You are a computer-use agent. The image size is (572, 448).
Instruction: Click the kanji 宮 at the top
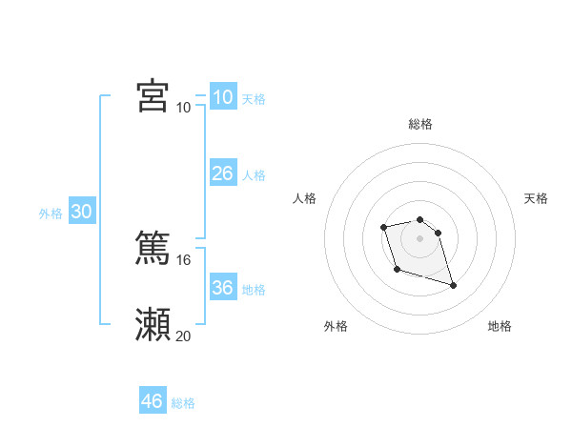tap(153, 96)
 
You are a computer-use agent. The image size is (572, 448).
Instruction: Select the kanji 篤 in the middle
tap(153, 247)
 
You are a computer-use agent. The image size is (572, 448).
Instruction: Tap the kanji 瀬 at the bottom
tap(153, 324)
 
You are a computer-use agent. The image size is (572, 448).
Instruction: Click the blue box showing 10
tap(222, 97)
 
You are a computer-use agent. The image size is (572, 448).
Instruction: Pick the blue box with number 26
tap(222, 173)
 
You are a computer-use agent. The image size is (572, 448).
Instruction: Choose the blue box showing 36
tap(222, 288)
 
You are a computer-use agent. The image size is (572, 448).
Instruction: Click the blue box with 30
tap(81, 213)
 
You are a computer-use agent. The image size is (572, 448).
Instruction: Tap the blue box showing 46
tap(153, 401)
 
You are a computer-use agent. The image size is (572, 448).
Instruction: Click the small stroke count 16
tap(183, 259)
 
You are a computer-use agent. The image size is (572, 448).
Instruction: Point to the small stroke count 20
tap(183, 336)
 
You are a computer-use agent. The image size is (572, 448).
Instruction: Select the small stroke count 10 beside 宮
tap(183, 108)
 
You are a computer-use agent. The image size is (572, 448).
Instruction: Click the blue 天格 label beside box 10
tap(254, 99)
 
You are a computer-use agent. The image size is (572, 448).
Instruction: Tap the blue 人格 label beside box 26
tap(254, 175)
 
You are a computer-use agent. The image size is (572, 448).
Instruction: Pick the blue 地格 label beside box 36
tap(254, 290)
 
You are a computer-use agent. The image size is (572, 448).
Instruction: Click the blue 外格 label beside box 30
tap(51, 214)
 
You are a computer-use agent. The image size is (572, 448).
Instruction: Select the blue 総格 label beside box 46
tap(183, 403)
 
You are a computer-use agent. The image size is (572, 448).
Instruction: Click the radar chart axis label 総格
tap(420, 124)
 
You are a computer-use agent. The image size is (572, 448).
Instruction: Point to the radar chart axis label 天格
tap(537, 198)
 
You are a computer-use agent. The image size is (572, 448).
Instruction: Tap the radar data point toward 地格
tap(453, 285)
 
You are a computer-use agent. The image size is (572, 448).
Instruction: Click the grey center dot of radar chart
tap(420, 237)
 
